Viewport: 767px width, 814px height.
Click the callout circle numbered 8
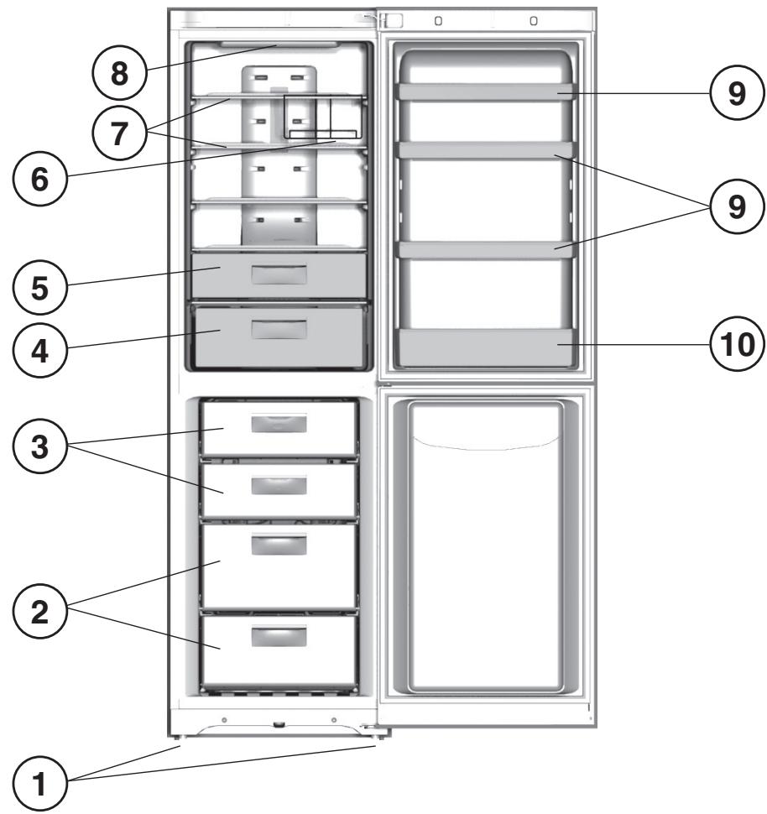120,72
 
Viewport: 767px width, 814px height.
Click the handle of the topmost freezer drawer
279,424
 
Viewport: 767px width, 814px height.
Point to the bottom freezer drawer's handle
279,638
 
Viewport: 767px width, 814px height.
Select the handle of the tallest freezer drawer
279,545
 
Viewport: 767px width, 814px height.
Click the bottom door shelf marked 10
483,347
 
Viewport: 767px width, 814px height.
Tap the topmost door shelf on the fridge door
485,92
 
